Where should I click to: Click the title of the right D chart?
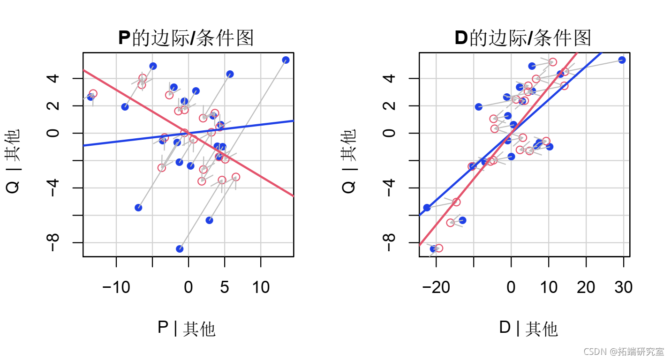pyautogui.click(x=523, y=38)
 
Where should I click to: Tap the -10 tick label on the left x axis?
pyautogui.click(x=116, y=287)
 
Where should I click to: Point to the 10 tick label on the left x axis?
pyautogui.click(x=261, y=287)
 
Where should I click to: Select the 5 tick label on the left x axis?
pyautogui.click(x=225, y=287)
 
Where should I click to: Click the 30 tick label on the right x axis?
pyautogui.click(x=623, y=287)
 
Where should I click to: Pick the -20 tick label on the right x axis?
pyautogui.click(x=436, y=287)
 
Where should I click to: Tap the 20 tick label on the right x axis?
pyautogui.click(x=586, y=287)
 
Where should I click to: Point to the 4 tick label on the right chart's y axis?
pyautogui.click(x=390, y=78)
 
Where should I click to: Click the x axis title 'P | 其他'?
pyautogui.click(x=186, y=329)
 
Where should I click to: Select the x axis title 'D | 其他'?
pyautogui.click(x=528, y=329)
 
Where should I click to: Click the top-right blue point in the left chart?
pyautogui.click(x=286, y=60)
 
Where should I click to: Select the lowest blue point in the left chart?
pyautogui.click(x=180, y=248)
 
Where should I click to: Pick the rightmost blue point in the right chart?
pyautogui.click(x=622, y=60)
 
